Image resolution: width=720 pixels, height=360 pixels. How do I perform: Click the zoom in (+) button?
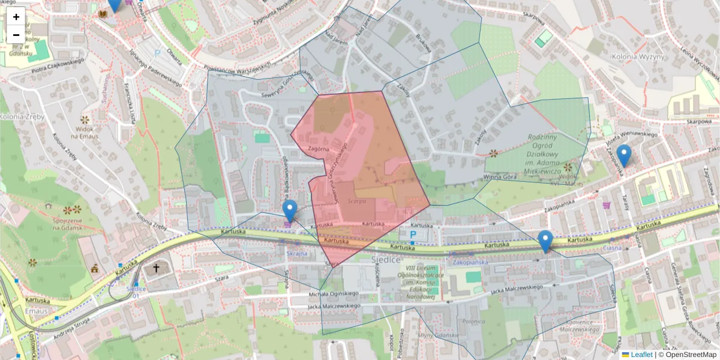(x=16, y=17)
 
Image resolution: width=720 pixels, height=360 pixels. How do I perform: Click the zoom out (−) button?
(x=16, y=35)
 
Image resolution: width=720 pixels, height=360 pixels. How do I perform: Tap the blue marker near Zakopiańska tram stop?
(x=545, y=241)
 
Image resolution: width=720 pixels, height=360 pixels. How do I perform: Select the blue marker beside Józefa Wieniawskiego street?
(x=624, y=155)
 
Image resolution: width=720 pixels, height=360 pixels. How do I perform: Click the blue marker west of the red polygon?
(x=290, y=211)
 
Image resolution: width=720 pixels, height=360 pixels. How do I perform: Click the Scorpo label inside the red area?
(x=356, y=201)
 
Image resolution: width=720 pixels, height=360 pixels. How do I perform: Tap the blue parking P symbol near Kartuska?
(x=413, y=233)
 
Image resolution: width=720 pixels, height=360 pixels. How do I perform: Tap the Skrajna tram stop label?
(x=296, y=254)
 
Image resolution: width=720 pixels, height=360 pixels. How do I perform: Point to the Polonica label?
(x=473, y=321)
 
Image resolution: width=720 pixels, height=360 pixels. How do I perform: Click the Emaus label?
(x=37, y=311)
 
